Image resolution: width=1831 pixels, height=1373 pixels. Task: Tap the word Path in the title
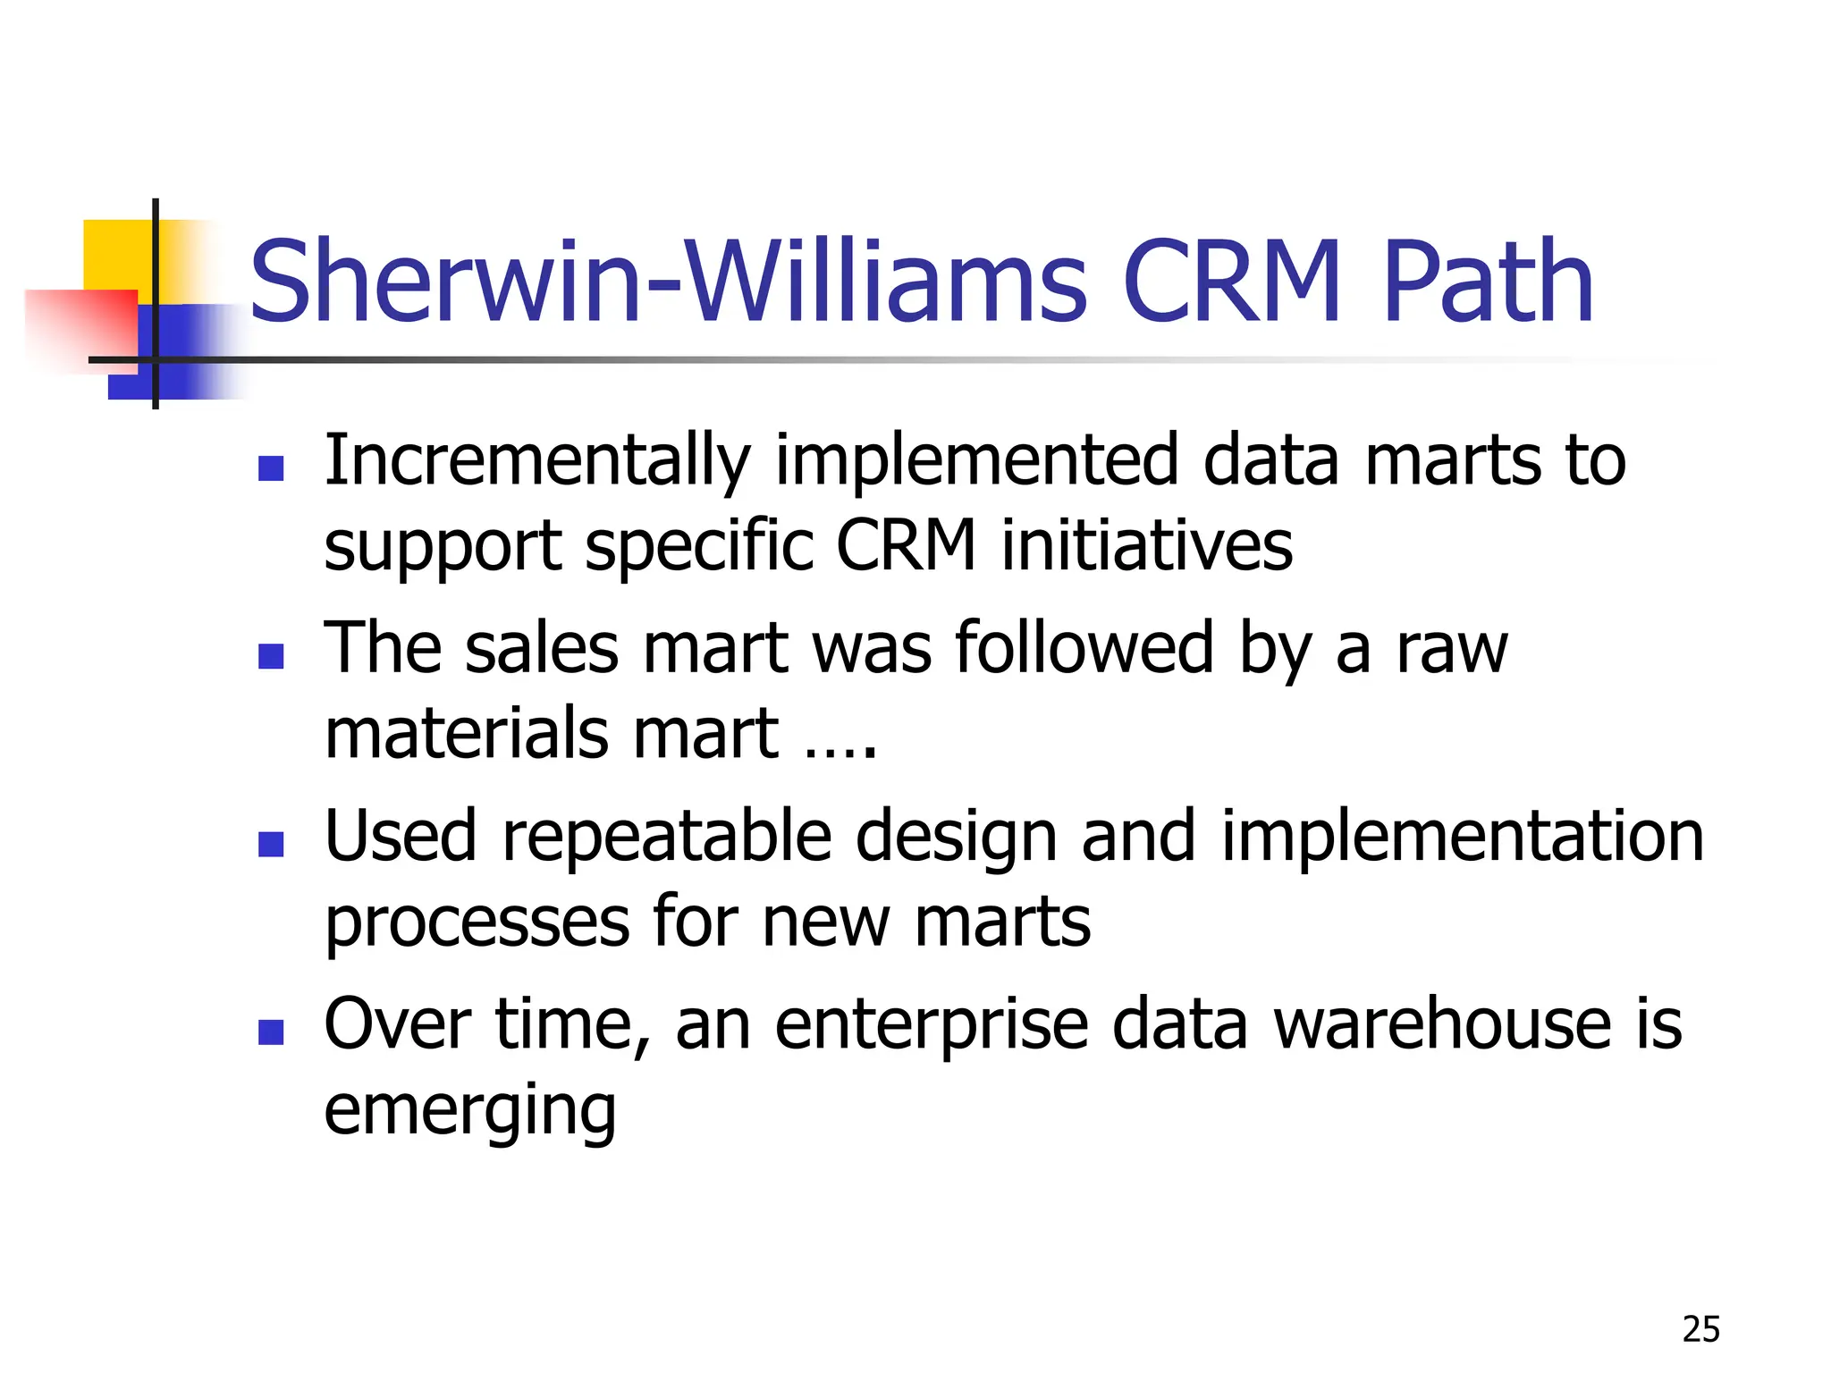(x=1488, y=282)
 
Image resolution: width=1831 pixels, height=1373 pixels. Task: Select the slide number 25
(x=1700, y=1329)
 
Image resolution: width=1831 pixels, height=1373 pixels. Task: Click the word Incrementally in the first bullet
(x=536, y=462)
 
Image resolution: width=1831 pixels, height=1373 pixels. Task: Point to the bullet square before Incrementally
(x=271, y=468)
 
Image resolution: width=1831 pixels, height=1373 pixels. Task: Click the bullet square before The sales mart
(x=271, y=656)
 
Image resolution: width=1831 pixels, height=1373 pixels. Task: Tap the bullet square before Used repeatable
(x=271, y=844)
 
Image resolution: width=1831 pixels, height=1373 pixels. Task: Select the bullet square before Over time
(x=271, y=1032)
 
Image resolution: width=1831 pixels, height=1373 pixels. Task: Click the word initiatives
(x=1146, y=545)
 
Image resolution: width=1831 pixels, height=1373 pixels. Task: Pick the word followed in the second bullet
(x=1084, y=647)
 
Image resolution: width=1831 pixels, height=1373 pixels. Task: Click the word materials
(x=466, y=733)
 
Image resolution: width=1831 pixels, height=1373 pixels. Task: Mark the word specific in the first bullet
(x=698, y=545)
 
